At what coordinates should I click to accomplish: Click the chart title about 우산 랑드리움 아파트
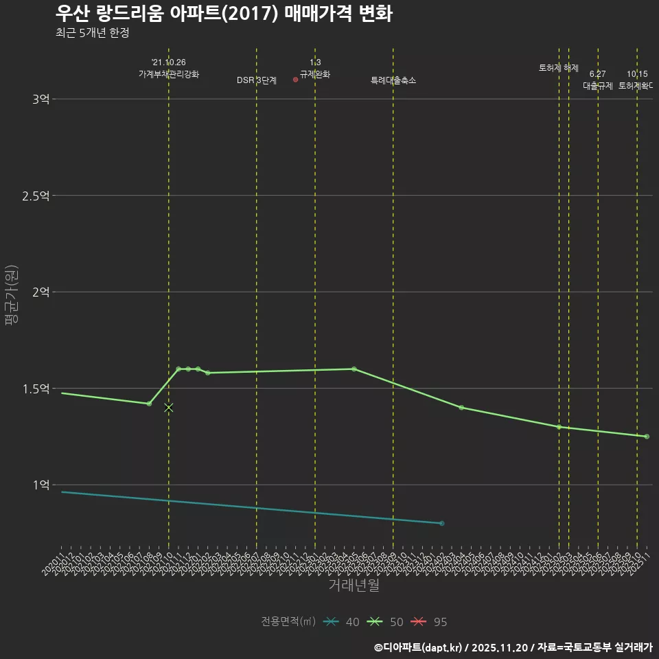pos(223,13)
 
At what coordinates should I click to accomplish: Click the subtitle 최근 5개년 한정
pos(92,33)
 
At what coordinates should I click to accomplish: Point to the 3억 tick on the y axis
pos(41,99)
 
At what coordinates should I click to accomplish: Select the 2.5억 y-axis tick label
pos(36,196)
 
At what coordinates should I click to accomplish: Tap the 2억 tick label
pos(41,292)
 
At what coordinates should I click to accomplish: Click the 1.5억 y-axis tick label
pos(36,389)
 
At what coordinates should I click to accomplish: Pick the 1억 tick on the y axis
pos(41,485)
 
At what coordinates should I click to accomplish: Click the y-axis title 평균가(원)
pos(12,292)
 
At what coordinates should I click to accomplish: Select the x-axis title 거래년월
pos(354,586)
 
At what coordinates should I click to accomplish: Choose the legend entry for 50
pos(386,622)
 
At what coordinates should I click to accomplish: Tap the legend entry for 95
pos(430,622)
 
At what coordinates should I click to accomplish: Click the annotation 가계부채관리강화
pos(169,74)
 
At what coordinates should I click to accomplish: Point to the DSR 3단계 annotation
pos(257,80)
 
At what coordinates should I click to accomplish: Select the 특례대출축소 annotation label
pos(393,80)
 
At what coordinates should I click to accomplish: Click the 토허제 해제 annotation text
pos(559,68)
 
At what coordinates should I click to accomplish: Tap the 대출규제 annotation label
pos(598,86)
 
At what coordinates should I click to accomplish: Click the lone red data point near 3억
pos(295,80)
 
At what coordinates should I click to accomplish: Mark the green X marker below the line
pos(169,408)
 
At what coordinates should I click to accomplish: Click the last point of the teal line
pos(441,523)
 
